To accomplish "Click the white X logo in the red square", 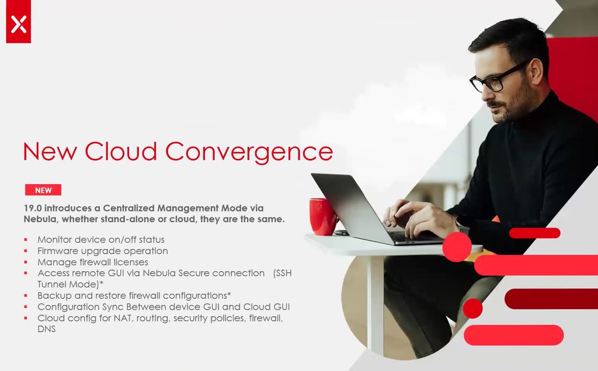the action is click(x=18, y=24).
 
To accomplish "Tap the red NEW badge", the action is click(x=43, y=190).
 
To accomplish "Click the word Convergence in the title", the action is click(x=249, y=152).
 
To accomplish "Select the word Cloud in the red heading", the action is click(x=120, y=151).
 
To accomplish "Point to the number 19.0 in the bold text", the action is click(x=33, y=208).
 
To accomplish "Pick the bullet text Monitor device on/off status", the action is click(x=101, y=240).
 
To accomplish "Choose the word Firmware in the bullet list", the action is click(x=58, y=251).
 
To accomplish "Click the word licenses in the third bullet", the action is click(x=130, y=262).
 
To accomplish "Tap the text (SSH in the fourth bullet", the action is click(x=282, y=273).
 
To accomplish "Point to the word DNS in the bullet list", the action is click(x=47, y=329).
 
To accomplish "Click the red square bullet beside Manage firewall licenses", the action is click(x=26, y=262).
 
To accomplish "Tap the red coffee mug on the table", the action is click(x=323, y=216).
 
